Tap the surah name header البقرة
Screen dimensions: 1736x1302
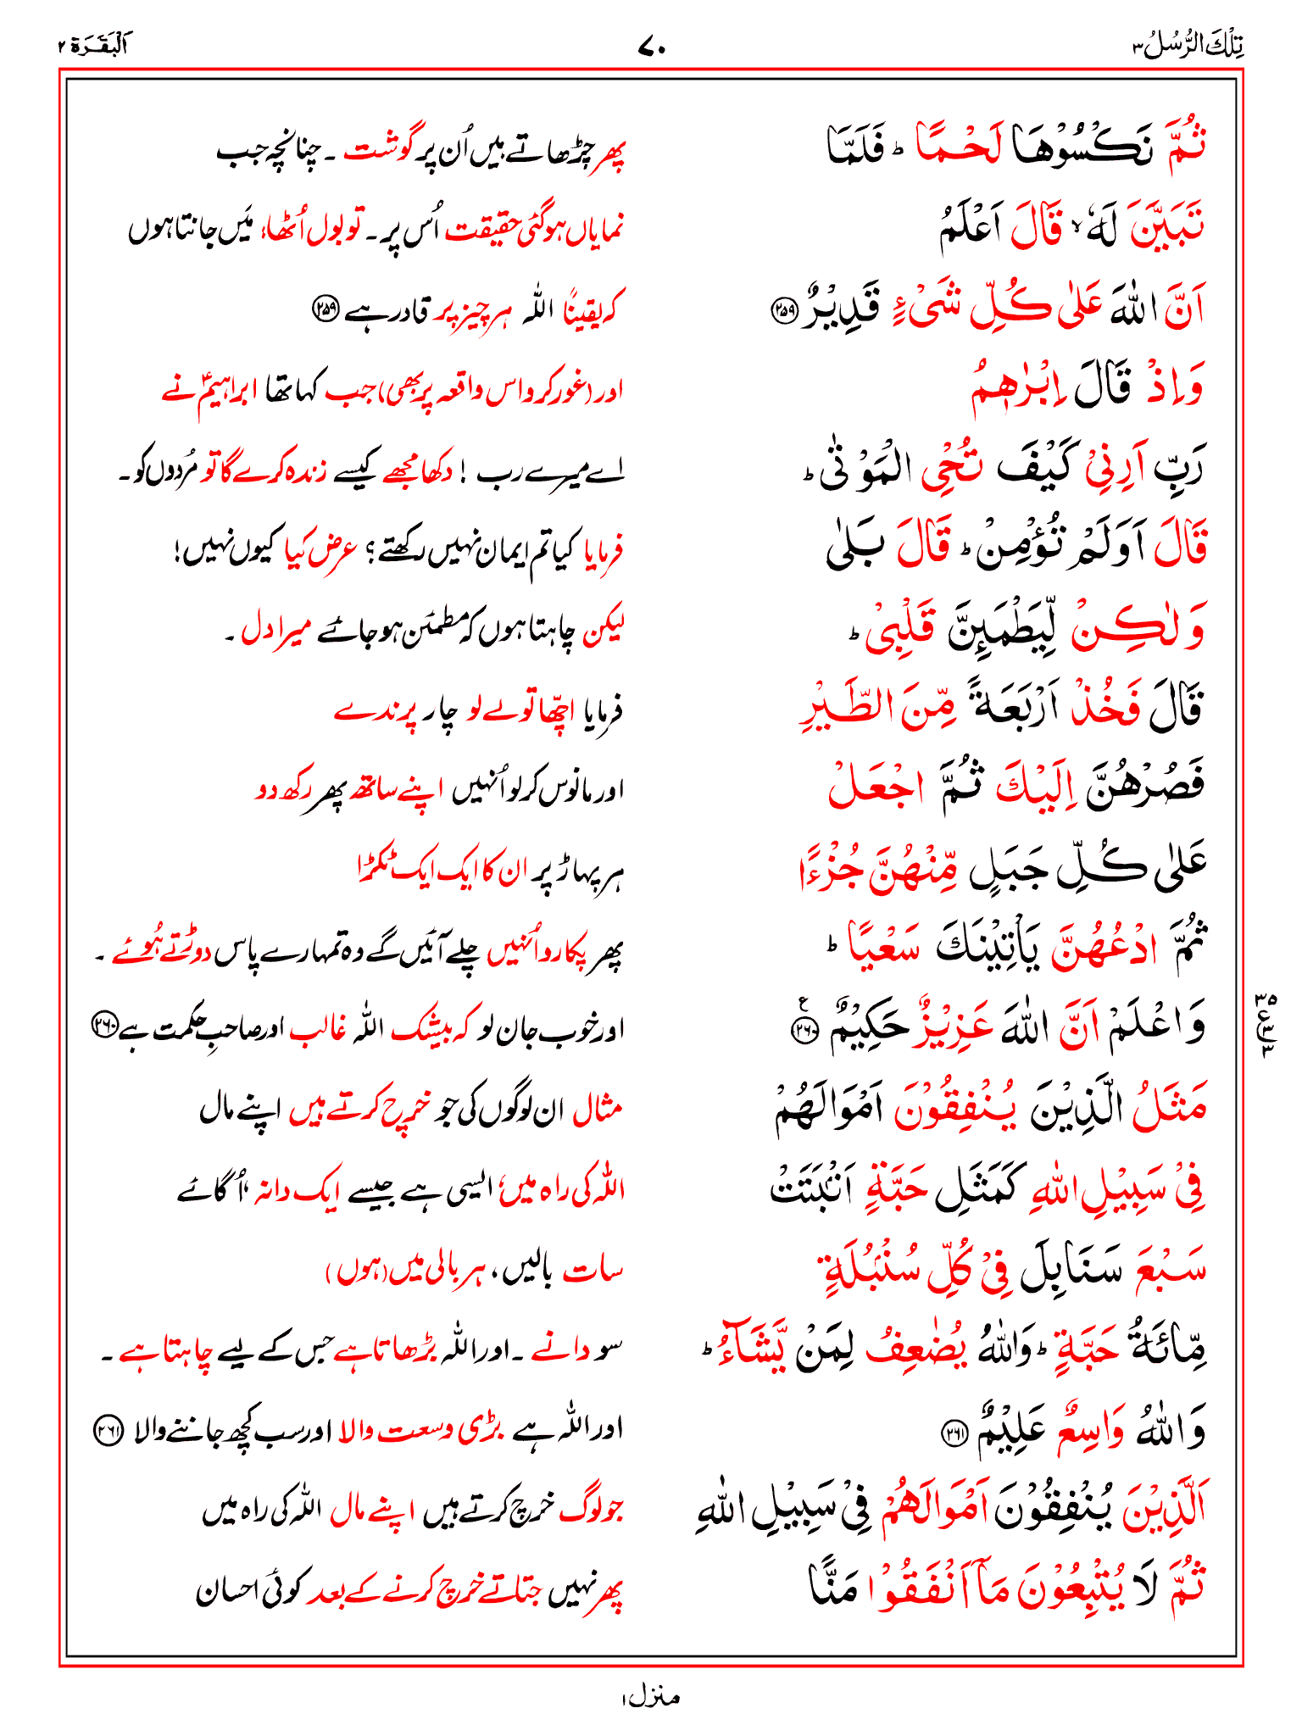93,45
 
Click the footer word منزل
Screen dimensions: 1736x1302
650,1696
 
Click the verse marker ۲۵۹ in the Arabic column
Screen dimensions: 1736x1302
782,311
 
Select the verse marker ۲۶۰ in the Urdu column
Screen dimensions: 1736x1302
104,1026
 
